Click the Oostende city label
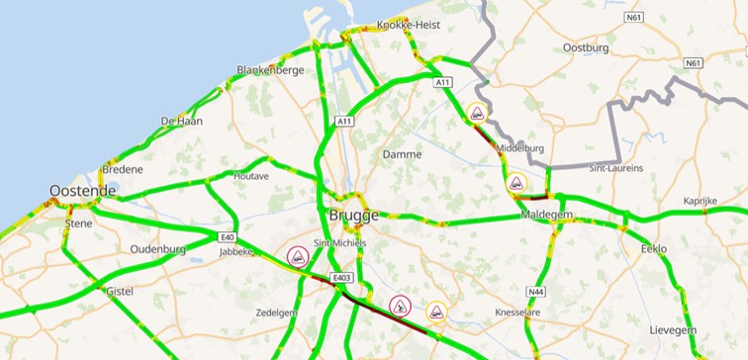click(83, 191)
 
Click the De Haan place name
click(181, 121)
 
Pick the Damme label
click(402, 154)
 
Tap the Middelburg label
click(520, 148)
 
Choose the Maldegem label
click(541, 214)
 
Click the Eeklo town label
click(654, 248)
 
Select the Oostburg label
click(586, 47)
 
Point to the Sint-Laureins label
click(615, 168)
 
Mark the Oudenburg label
click(158, 249)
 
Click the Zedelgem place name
click(276, 312)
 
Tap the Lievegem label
click(673, 329)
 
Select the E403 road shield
click(343, 278)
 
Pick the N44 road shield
click(535, 292)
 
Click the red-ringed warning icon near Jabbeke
click(296, 257)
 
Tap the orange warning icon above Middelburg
click(477, 113)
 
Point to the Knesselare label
click(520, 312)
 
